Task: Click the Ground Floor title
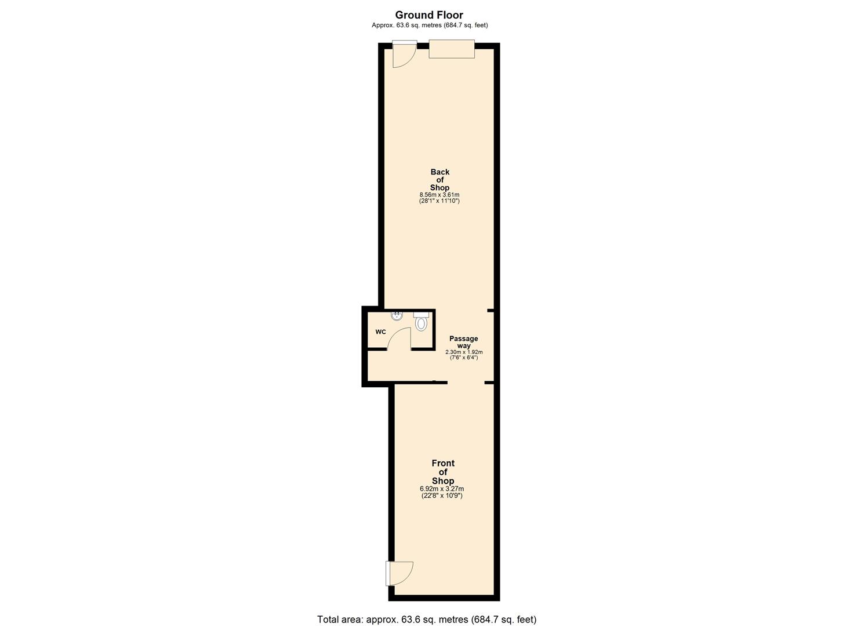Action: (x=429, y=15)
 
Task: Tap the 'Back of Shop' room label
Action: (x=439, y=180)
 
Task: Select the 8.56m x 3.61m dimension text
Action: (x=439, y=195)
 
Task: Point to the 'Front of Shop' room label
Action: (x=443, y=472)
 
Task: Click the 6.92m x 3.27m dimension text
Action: (x=442, y=489)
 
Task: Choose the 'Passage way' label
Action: (x=464, y=342)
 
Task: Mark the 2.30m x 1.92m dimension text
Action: (x=464, y=352)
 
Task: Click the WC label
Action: (x=381, y=332)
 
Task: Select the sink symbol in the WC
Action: (x=397, y=315)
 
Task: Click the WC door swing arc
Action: (x=398, y=337)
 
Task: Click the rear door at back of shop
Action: (x=404, y=54)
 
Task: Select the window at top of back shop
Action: (x=452, y=49)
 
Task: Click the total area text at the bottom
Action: (x=427, y=619)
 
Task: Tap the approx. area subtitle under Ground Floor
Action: (x=429, y=26)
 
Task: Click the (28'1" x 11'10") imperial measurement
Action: (x=439, y=201)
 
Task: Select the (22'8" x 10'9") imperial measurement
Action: (x=442, y=496)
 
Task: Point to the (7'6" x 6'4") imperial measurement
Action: (x=464, y=358)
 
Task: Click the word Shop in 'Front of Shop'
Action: (x=443, y=481)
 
